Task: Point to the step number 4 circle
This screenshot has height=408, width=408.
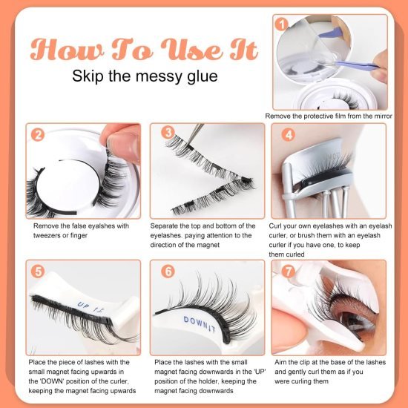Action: (289, 135)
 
